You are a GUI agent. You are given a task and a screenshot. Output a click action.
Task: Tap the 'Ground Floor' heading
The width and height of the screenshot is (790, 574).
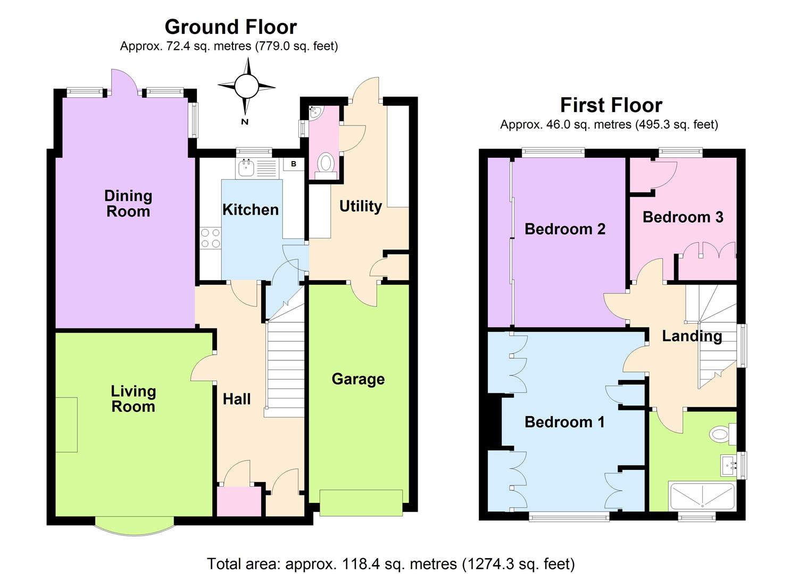point(230,27)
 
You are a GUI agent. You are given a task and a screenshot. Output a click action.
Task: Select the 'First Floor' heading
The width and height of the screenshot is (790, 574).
point(611,105)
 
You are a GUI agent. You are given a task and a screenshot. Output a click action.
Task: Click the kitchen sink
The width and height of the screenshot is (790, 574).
point(246,168)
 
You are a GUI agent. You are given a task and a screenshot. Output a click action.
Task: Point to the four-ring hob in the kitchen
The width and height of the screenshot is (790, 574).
point(210,238)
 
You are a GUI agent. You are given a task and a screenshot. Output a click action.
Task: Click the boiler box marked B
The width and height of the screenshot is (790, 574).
point(293,164)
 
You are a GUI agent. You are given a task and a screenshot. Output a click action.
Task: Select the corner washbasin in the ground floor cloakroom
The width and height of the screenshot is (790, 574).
point(315,112)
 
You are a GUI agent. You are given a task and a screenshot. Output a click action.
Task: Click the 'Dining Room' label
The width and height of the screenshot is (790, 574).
point(128,204)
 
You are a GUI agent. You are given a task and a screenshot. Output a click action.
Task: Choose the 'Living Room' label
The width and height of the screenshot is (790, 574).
point(133,399)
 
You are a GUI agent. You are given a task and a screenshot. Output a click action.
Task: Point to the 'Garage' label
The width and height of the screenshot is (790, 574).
point(358,379)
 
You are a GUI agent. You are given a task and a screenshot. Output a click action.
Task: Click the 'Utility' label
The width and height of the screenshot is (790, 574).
point(361,206)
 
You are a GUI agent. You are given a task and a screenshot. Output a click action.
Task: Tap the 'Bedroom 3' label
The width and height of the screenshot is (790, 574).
point(683,217)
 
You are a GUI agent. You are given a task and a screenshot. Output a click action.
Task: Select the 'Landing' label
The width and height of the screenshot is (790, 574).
point(692,336)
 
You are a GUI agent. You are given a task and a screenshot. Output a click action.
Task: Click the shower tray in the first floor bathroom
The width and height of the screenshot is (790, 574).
point(702,496)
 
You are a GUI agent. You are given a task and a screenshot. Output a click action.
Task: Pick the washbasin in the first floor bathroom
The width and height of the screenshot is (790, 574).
point(729,466)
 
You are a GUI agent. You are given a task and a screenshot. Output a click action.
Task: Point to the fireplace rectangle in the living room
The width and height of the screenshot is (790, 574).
point(66,425)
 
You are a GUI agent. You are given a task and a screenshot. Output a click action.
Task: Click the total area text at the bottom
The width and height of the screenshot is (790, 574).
point(390,563)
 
